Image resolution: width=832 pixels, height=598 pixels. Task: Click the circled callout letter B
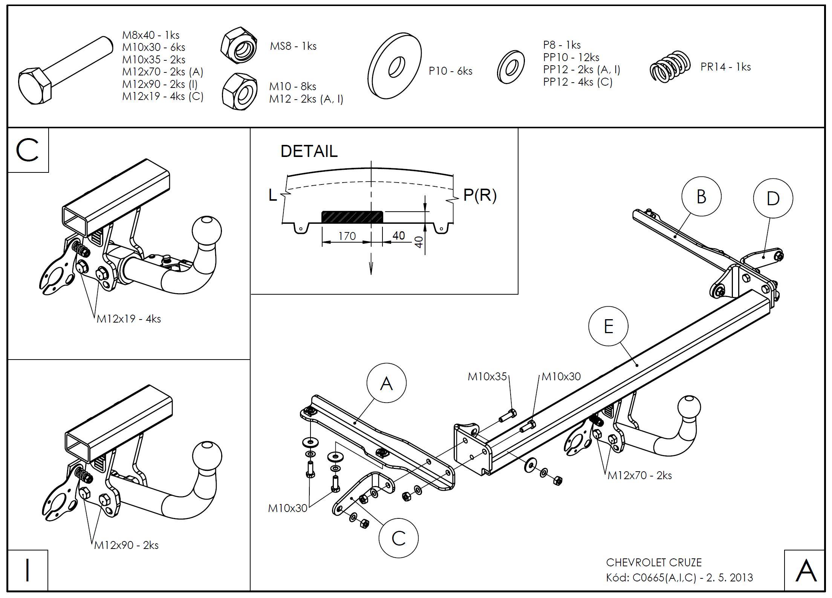click(x=701, y=197)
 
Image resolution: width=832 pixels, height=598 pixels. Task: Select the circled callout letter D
click(x=773, y=198)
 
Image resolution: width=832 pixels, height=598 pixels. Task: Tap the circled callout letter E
click(x=608, y=326)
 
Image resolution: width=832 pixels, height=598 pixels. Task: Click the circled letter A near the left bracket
click(x=386, y=383)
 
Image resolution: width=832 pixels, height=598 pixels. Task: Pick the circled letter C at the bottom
click(x=398, y=538)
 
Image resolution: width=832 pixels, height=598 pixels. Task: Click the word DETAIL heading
click(x=309, y=151)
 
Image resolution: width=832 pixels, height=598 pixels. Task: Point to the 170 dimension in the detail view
click(x=347, y=236)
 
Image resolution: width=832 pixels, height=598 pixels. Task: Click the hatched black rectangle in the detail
click(x=352, y=217)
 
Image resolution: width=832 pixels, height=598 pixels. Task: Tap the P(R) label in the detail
click(x=480, y=195)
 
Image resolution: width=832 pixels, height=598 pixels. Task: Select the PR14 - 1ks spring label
click(x=725, y=67)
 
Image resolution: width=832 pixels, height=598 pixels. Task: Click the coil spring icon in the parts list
click(x=670, y=66)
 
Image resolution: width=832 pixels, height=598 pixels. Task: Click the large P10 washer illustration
click(x=395, y=66)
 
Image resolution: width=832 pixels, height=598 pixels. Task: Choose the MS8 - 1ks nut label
click(x=293, y=46)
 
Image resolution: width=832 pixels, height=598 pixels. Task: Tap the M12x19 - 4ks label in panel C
click(x=129, y=319)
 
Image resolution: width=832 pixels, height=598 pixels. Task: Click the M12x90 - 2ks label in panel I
click(x=127, y=545)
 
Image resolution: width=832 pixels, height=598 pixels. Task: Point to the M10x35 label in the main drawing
click(x=487, y=377)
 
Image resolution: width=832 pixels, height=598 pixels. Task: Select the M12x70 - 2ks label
click(x=640, y=475)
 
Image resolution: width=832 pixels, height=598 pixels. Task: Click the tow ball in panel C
click(x=207, y=231)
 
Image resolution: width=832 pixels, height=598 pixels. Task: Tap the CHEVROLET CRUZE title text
click(x=654, y=563)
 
